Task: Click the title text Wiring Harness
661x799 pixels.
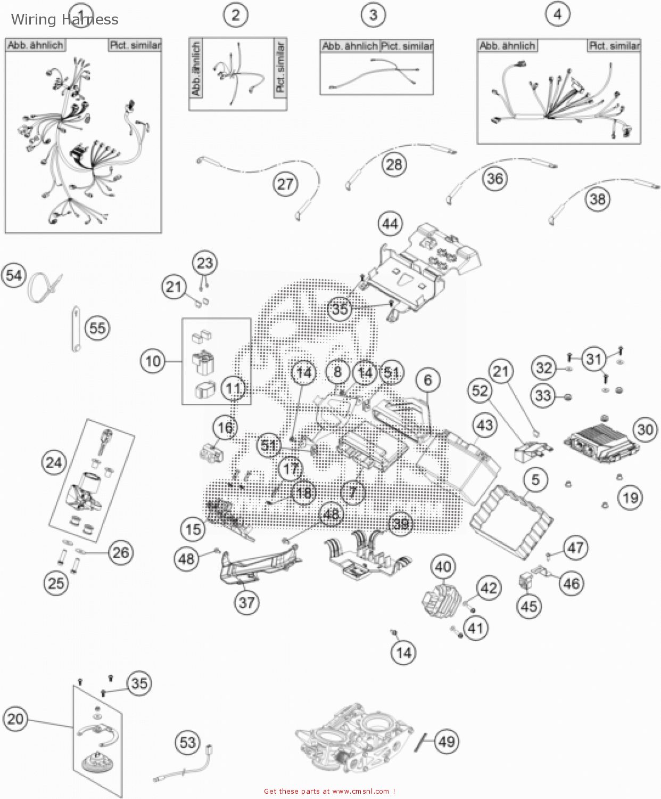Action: pos(64,20)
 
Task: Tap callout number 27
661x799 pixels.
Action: pos(285,184)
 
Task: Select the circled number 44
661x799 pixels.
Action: pos(390,224)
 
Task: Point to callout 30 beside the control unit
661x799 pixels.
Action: pos(645,429)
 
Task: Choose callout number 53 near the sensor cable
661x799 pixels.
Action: pos(187,743)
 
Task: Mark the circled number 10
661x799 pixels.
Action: pos(153,362)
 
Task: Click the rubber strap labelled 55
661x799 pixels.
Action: pos(76,329)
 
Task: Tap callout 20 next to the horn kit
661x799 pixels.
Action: pos(15,719)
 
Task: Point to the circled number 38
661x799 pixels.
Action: pos(598,199)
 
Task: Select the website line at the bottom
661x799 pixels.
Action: pos(329,791)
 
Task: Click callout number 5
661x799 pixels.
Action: pos(535,479)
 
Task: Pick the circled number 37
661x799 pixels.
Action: pos(246,602)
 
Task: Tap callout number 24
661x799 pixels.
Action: pos(54,462)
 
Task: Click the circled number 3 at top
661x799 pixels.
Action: pos(373,14)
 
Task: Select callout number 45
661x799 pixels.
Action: pos(528,606)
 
